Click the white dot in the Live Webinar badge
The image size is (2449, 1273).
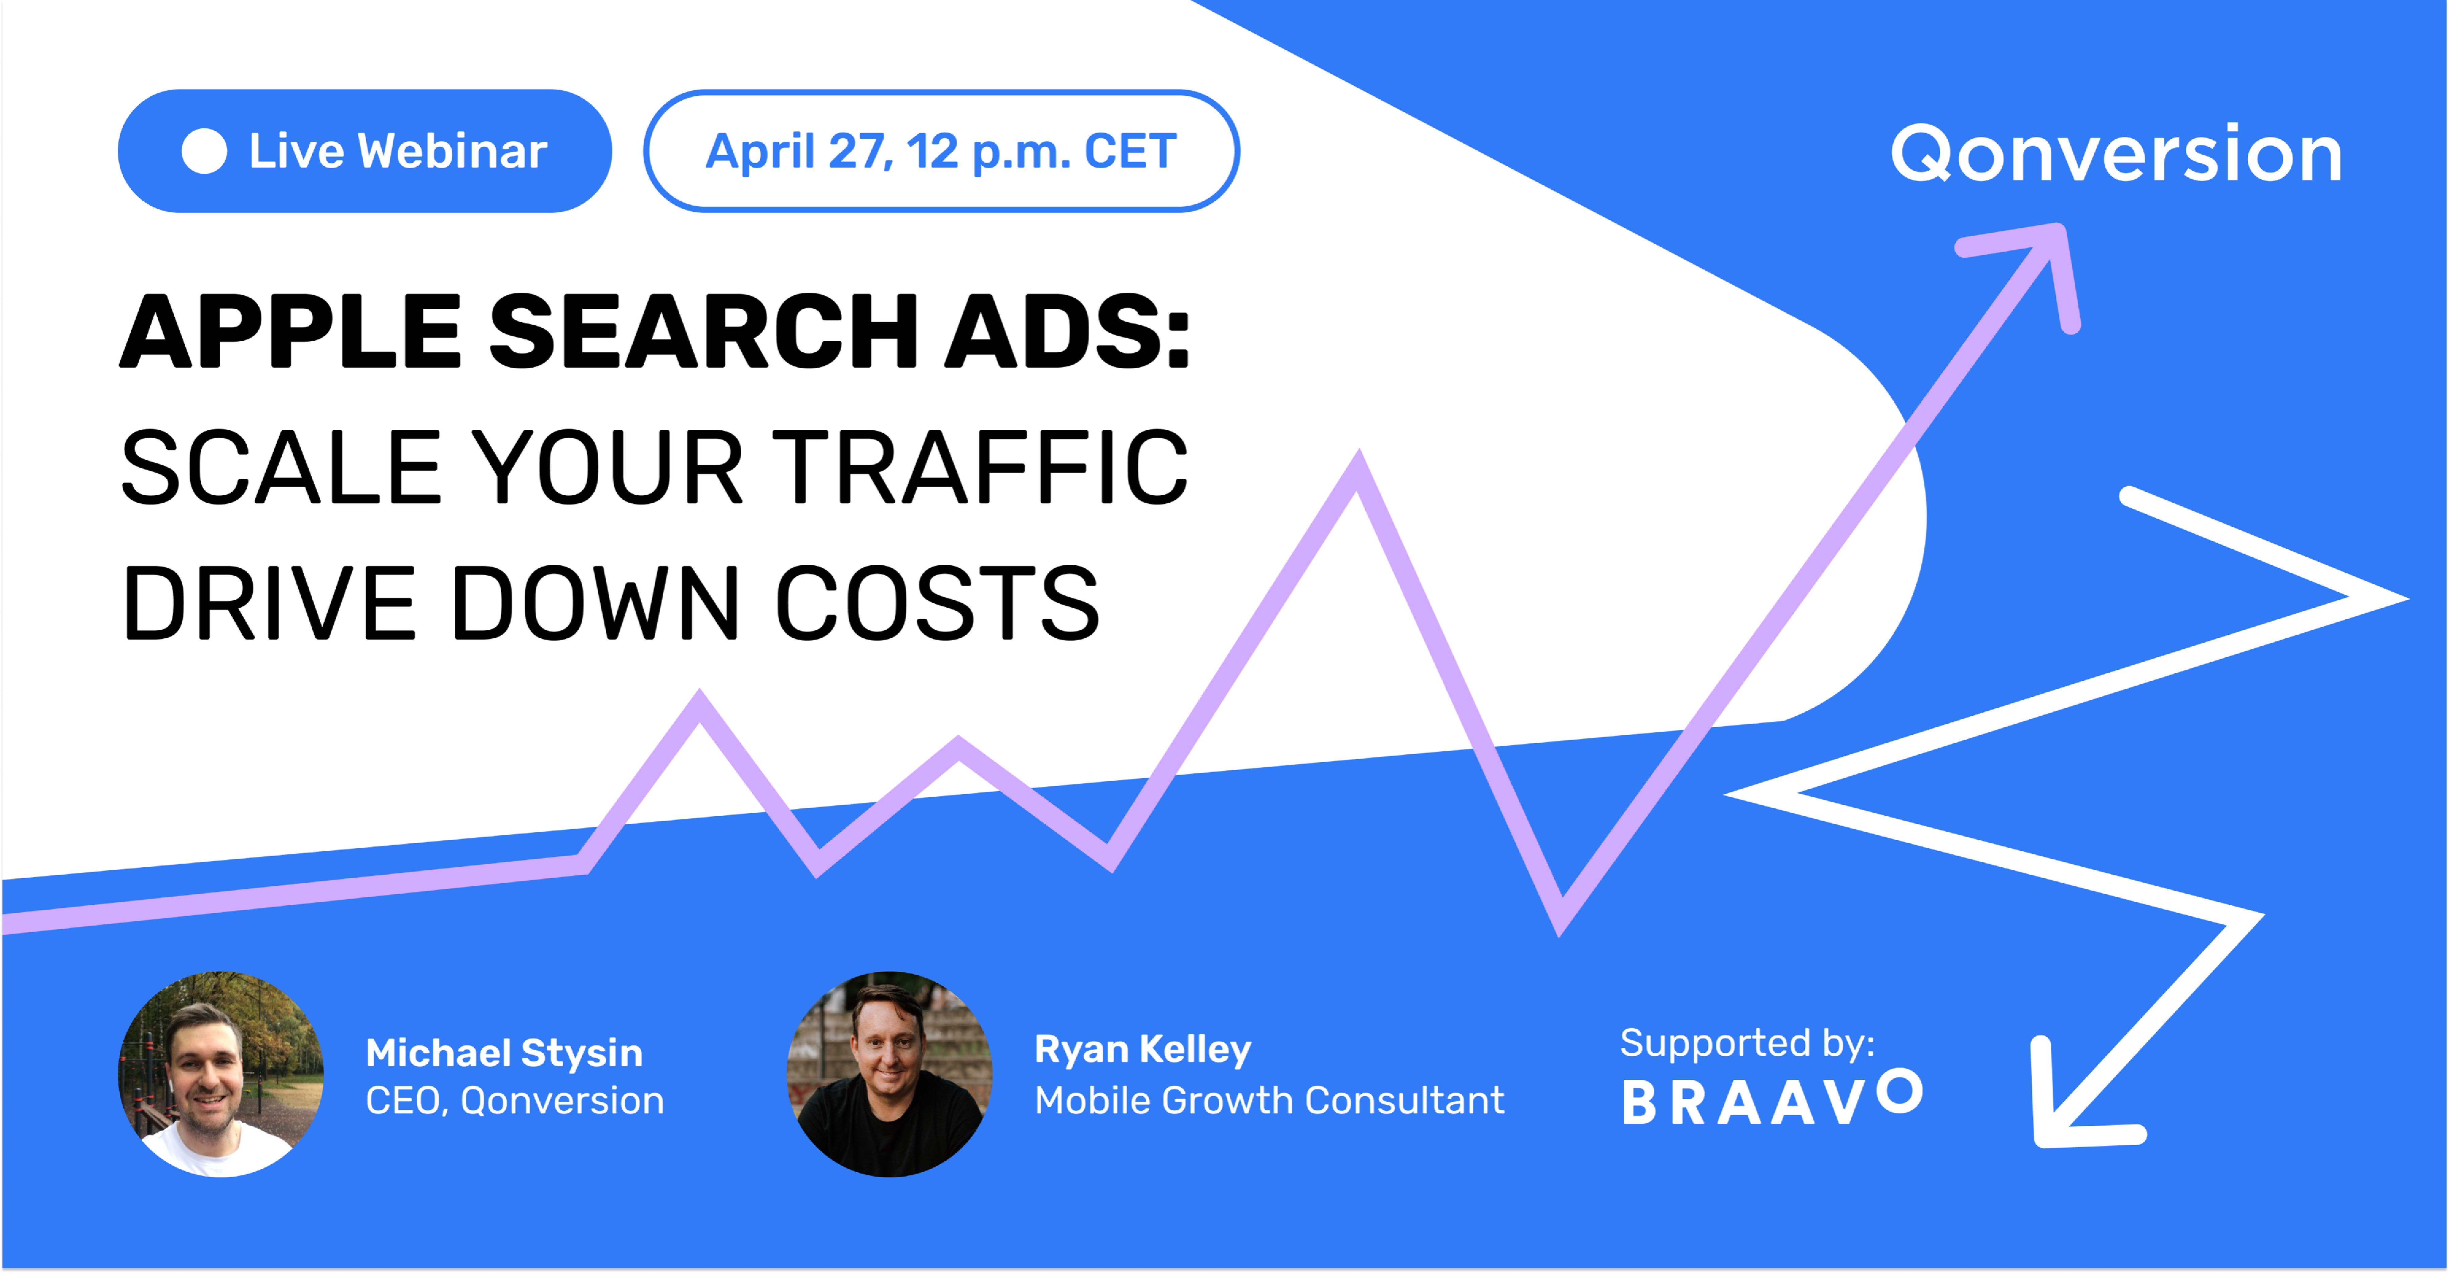203,151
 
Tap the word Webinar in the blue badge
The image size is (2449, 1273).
453,151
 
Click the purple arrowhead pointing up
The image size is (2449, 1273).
2034,266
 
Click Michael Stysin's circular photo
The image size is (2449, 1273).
221,1074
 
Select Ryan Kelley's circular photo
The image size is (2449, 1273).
890,1074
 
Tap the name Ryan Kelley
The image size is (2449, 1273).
1143,1050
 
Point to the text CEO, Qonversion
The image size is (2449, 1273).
514,1101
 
